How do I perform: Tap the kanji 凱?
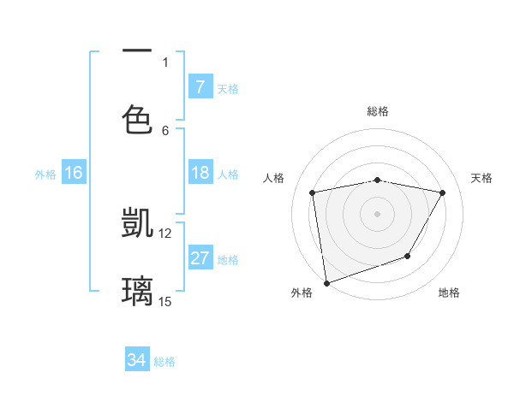[137, 222]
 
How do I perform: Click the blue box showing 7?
[200, 87]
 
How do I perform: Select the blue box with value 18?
[200, 173]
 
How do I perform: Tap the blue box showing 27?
[200, 258]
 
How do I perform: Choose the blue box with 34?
[136, 360]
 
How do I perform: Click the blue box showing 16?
[74, 173]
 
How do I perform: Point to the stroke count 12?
[165, 233]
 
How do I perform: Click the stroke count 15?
[165, 301]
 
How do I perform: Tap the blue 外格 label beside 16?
[45, 174]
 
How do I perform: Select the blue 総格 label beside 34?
[164, 361]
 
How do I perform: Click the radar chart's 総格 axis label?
[377, 111]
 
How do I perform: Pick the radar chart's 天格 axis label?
[482, 178]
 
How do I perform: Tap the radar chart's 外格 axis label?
[302, 293]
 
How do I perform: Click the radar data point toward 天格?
[443, 192]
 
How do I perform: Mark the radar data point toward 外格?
[326, 282]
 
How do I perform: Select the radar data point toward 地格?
[408, 256]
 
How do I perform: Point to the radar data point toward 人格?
[313, 192]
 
